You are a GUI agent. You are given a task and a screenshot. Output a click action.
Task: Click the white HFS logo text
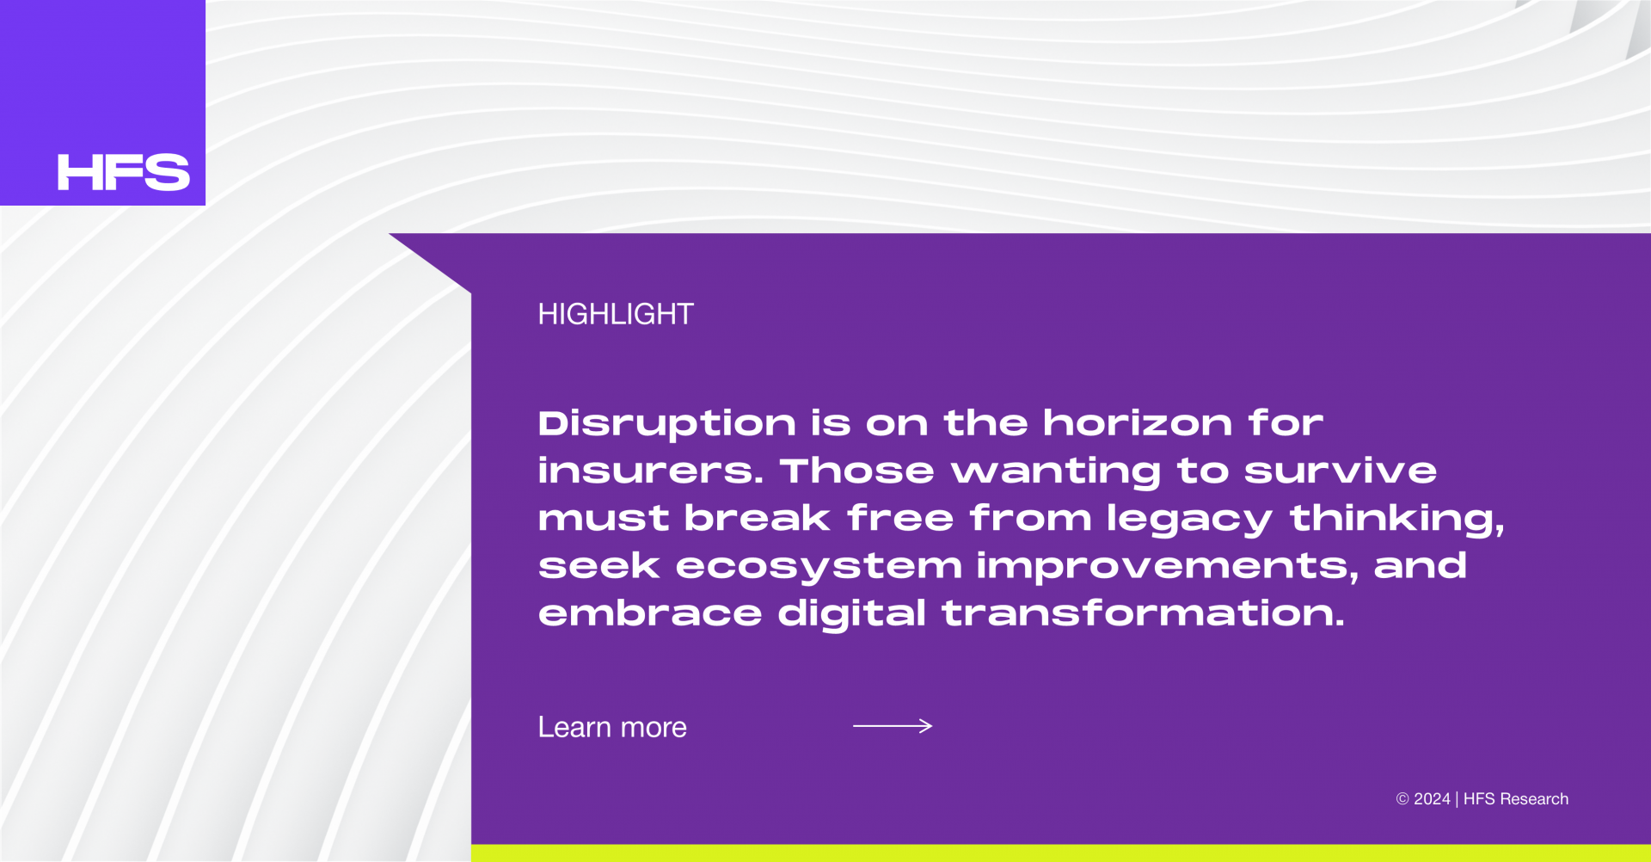coord(123,172)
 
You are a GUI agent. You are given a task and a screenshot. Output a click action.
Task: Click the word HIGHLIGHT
coord(616,314)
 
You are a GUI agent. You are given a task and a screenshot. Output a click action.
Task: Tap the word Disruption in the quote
coord(667,424)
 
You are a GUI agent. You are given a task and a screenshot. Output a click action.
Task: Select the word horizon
coord(1139,422)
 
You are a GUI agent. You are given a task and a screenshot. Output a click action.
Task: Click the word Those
coord(856,471)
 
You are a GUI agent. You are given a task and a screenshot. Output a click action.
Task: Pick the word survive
coord(1341,471)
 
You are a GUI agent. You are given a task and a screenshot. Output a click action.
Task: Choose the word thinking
coord(1397,519)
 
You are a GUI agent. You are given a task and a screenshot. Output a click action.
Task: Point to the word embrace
coord(650,613)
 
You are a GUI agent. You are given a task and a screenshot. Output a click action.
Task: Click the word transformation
coord(1144,613)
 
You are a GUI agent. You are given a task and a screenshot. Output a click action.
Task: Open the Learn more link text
coord(612,728)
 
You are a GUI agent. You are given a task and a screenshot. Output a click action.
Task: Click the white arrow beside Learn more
coord(893,726)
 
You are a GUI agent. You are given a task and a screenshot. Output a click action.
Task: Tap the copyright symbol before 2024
coord(1402,799)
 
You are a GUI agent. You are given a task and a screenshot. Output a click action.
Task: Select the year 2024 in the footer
coord(1432,799)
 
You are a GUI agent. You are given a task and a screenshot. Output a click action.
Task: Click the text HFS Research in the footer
coord(1516,799)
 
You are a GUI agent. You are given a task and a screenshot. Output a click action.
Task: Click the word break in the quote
coord(758,518)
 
